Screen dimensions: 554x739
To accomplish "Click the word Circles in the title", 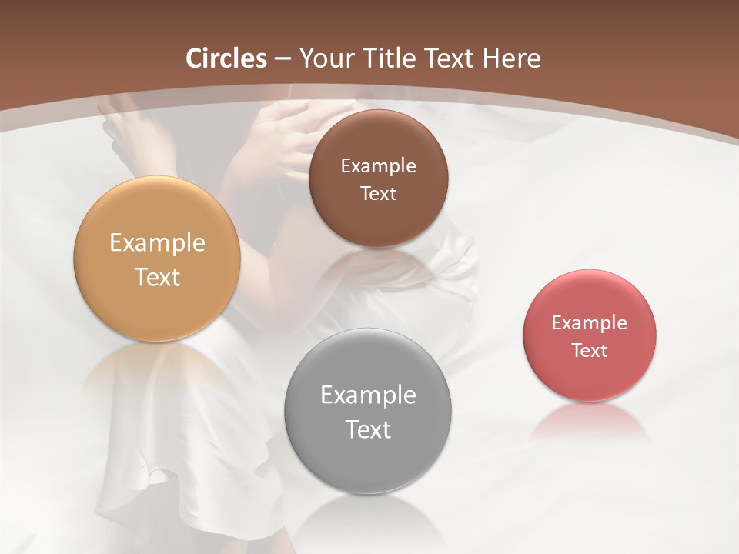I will [x=226, y=58].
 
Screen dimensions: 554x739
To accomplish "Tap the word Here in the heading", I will [x=512, y=58].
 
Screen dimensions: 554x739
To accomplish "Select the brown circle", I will [x=378, y=142].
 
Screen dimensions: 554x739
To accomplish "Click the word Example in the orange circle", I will [x=157, y=243].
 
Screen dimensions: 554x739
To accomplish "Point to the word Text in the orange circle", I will [x=157, y=277].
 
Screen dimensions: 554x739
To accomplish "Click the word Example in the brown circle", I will [x=378, y=165].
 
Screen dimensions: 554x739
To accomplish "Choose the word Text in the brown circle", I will [x=378, y=193].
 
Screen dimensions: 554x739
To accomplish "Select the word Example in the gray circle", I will [x=368, y=395].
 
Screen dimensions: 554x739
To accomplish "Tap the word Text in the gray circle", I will [x=368, y=429].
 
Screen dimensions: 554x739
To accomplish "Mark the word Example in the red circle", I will [x=590, y=322].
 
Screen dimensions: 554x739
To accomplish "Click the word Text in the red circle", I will [x=590, y=350].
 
